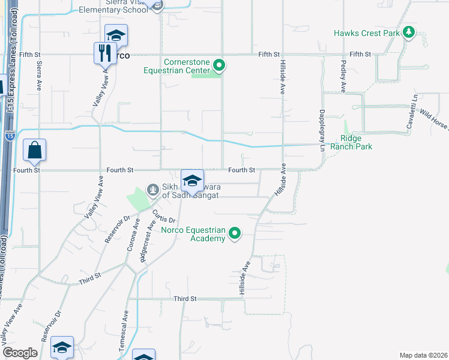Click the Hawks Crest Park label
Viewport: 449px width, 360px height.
click(366, 33)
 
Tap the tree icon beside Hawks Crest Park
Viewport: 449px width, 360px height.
click(409, 32)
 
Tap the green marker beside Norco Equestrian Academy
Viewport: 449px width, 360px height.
click(235, 233)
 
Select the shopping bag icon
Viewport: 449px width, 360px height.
click(35, 151)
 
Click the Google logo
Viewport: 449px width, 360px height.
click(20, 353)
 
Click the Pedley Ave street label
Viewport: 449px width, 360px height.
click(343, 76)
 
